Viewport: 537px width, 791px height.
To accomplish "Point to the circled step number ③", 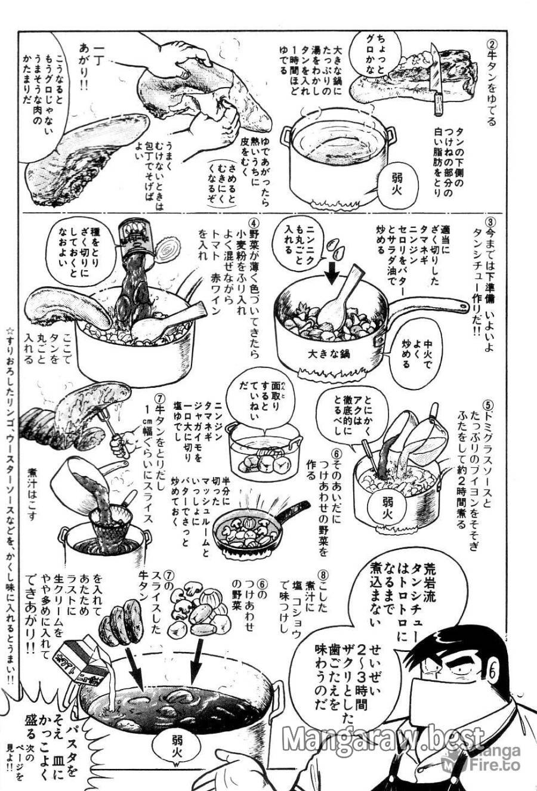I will coord(490,225).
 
